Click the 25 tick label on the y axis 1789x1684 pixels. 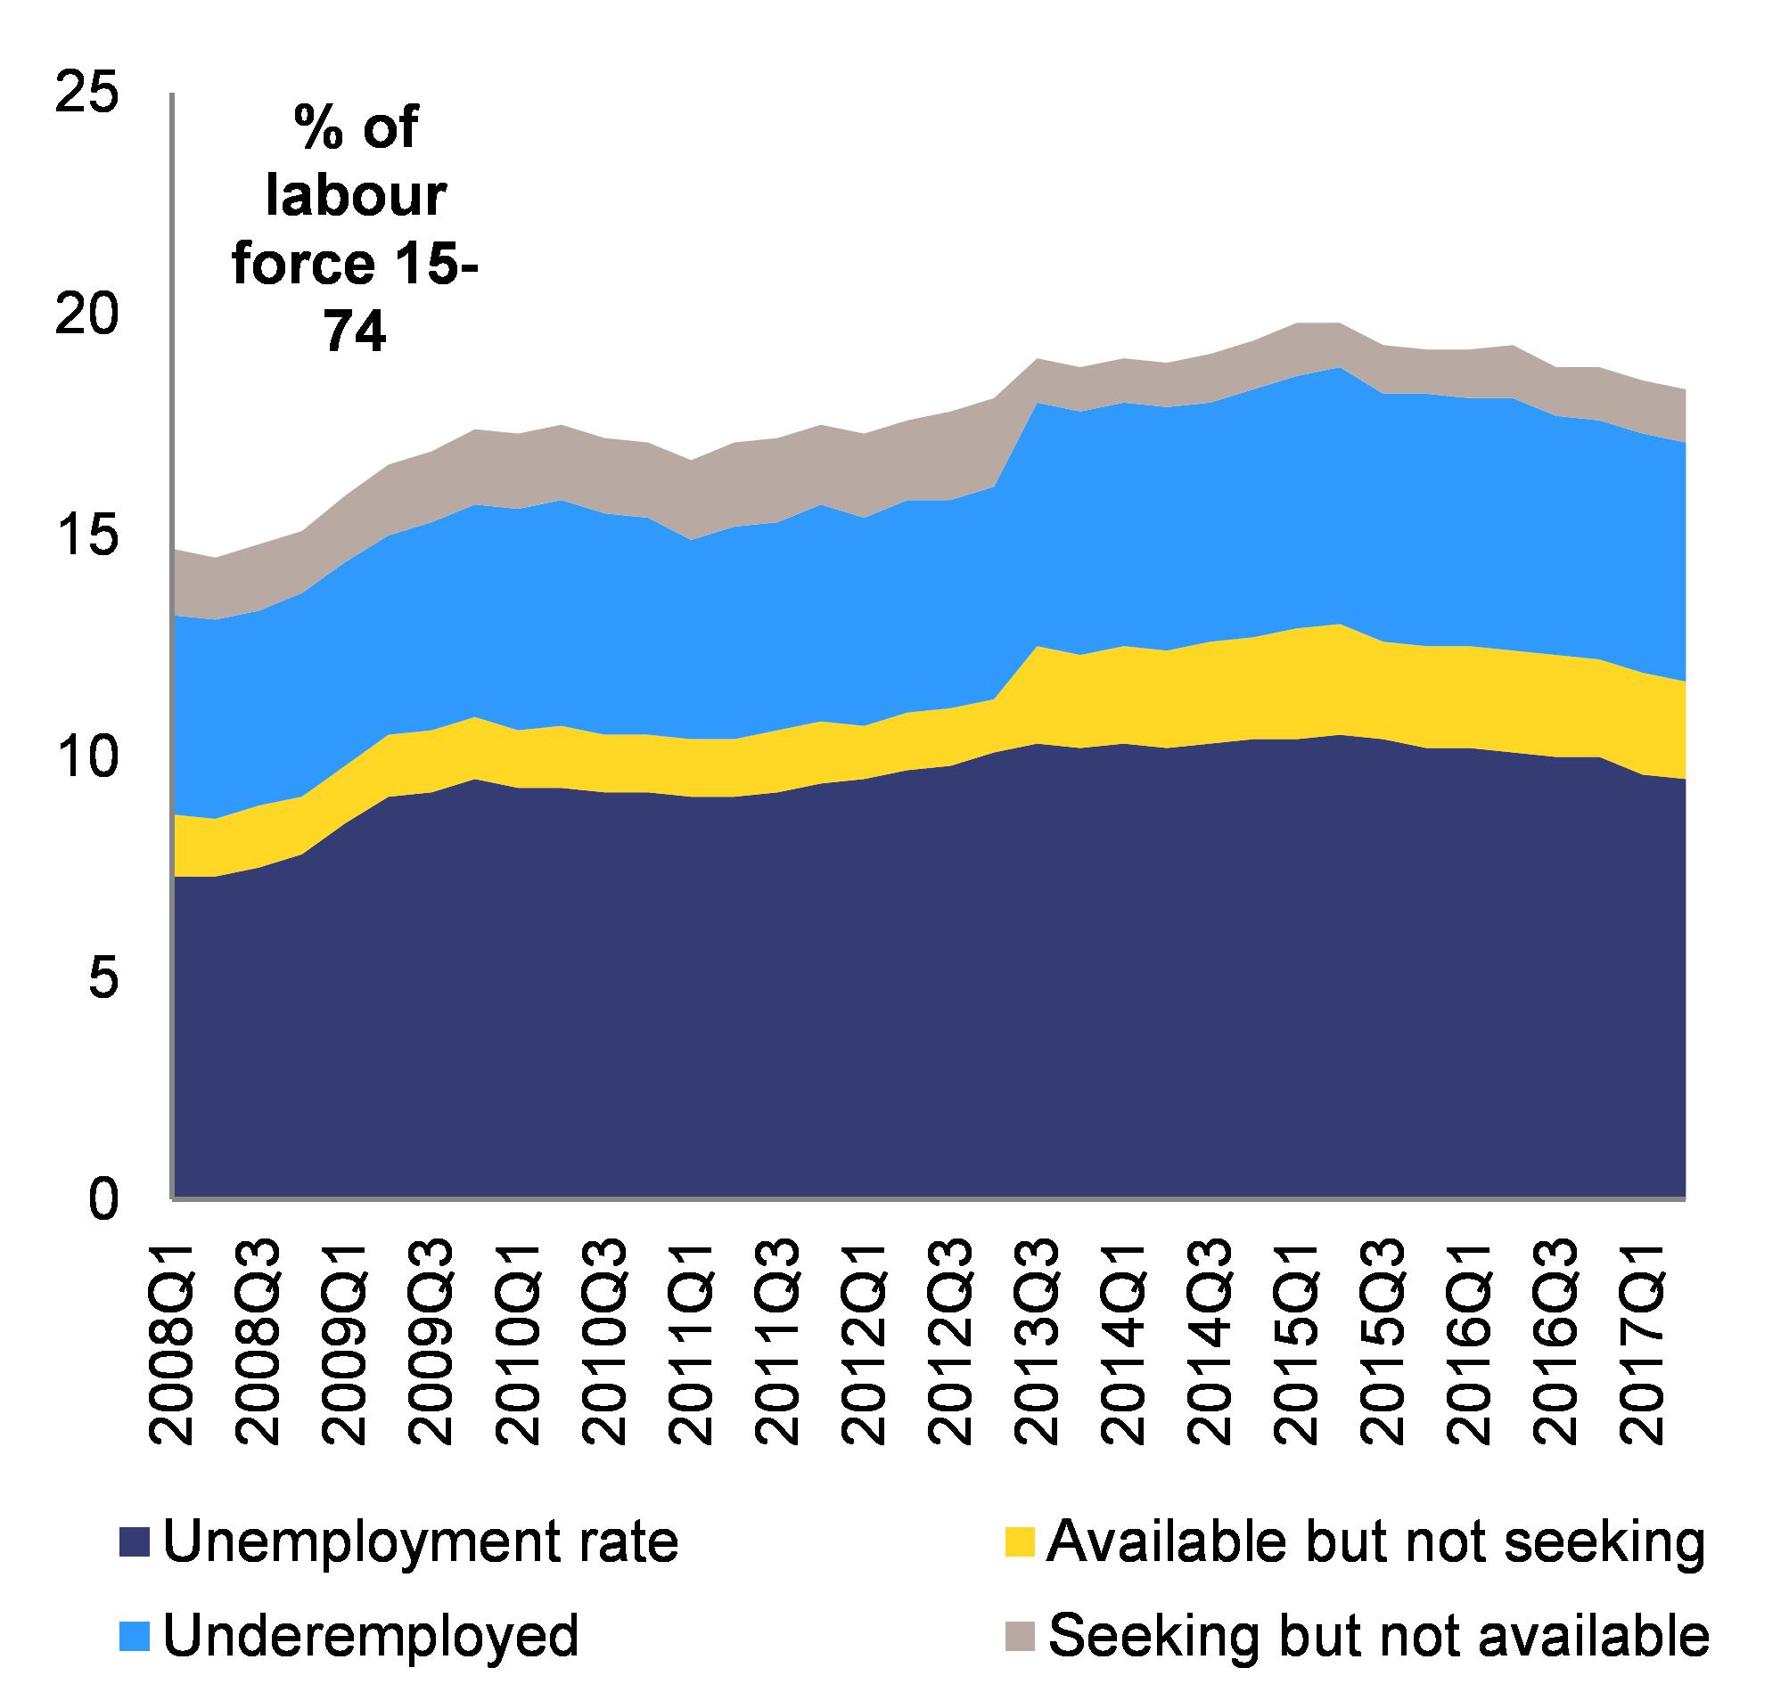[x=87, y=94]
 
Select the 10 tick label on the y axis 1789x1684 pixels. [x=87, y=756]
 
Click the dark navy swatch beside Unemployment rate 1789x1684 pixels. [x=135, y=1543]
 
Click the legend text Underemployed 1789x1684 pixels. [x=371, y=1635]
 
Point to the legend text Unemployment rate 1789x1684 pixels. [x=420, y=1541]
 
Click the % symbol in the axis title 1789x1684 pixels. [x=317, y=128]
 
